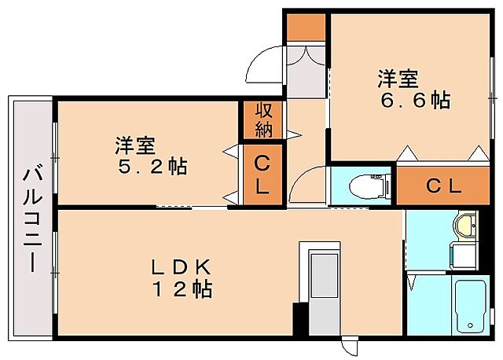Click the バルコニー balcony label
click(31, 218)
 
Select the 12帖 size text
click(182, 289)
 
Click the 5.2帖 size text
click(149, 167)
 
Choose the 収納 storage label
click(263, 119)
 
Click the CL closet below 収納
click(262, 177)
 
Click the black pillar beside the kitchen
click(299, 321)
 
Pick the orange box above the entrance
click(305, 27)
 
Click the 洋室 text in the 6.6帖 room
click(397, 79)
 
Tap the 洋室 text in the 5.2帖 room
click(135, 145)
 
